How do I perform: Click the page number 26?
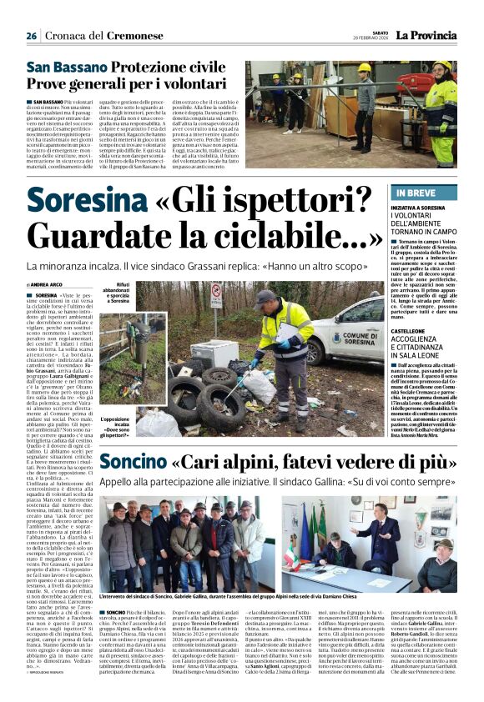coord(32,37)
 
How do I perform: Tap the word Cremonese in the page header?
coord(134,36)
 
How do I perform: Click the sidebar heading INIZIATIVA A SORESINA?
coord(430,207)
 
